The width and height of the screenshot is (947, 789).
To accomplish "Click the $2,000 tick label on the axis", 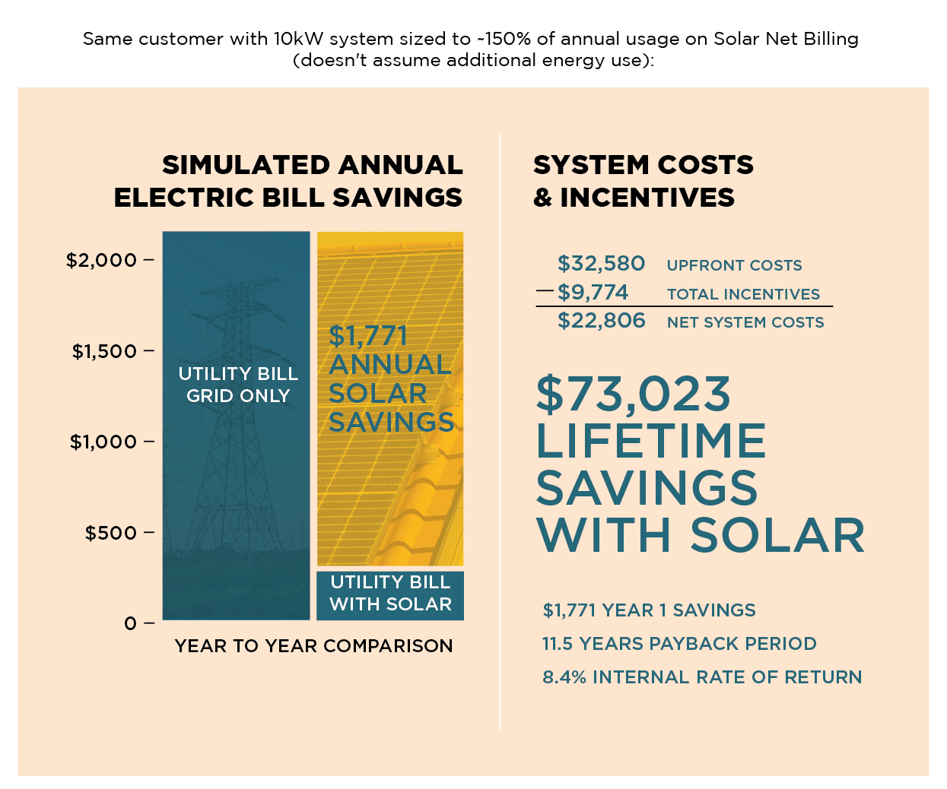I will pos(101,260).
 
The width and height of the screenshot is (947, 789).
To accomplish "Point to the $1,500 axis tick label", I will pos(104,351).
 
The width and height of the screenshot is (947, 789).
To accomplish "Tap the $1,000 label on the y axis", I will pos(103,442).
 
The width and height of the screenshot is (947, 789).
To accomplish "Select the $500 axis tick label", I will pos(111,533).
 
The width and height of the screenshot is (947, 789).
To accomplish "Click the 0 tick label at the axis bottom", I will pos(131,623).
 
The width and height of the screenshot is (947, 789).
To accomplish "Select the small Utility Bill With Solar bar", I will pos(390,594).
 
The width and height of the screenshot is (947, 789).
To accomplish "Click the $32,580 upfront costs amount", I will pos(601,264).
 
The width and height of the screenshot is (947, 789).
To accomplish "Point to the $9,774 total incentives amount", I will pos(593,292).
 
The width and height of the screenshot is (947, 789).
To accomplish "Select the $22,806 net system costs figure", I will pos(601,321).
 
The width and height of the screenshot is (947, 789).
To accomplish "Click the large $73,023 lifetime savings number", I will pos(634,394).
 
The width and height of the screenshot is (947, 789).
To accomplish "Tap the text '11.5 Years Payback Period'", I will pos(679,644).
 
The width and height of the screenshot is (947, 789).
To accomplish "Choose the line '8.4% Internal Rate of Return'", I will pos(702,677).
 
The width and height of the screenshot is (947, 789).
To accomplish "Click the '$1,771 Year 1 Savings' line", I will pos(649,610).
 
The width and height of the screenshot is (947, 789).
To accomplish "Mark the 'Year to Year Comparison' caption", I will pos(313,646).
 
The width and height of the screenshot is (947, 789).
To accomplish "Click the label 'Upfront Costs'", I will pos(734,265).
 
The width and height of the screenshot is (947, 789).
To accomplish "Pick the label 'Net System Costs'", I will pos(745,322).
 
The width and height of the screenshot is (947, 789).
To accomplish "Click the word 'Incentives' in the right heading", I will pos(647,198).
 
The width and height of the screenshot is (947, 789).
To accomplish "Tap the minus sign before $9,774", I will pos(545,291).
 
